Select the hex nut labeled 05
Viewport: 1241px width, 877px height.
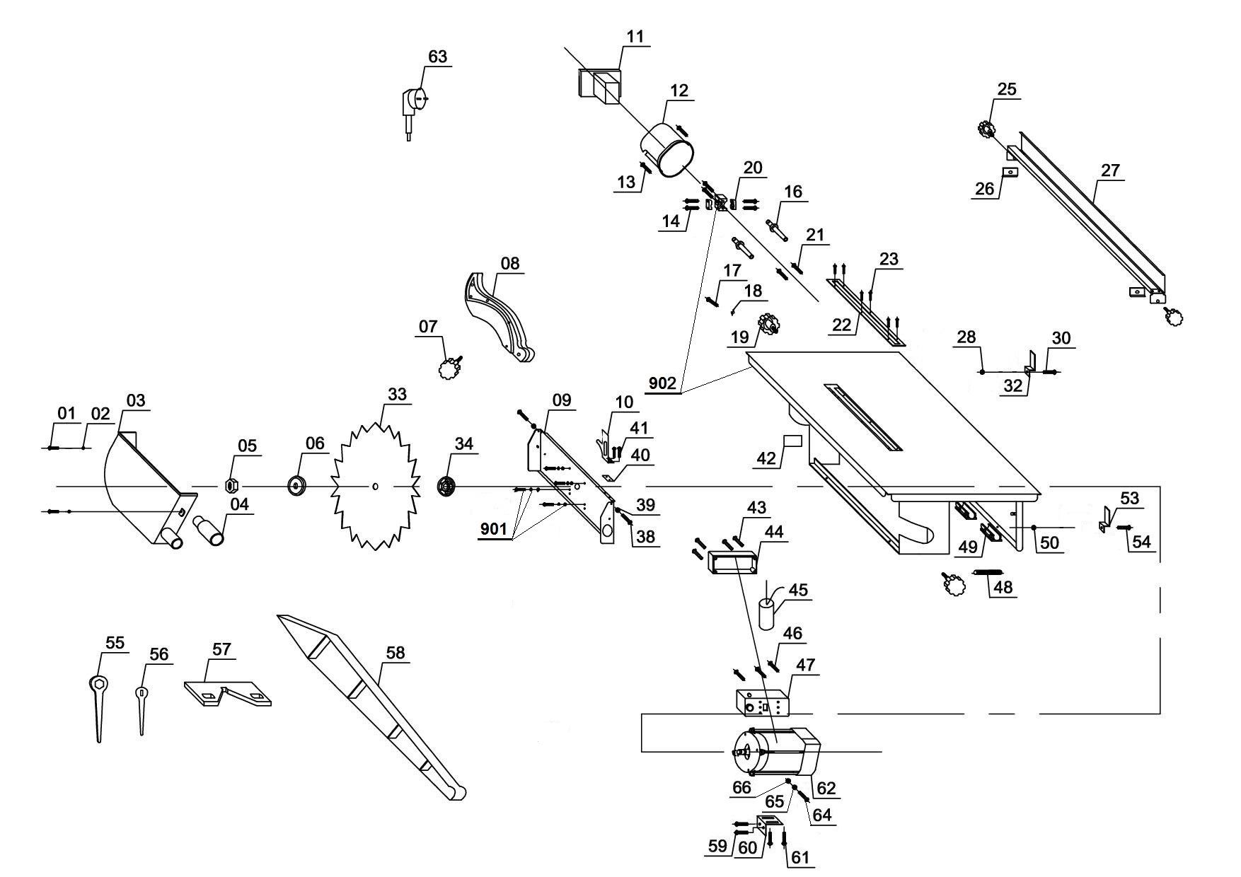[x=230, y=486]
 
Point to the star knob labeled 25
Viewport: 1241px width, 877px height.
[x=985, y=129]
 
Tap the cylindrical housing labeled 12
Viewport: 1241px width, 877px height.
[x=669, y=149]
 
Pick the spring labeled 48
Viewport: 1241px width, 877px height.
[x=988, y=571]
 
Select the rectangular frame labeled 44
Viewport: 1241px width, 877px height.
[x=732, y=564]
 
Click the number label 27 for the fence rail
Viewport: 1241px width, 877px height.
[x=1110, y=171]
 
